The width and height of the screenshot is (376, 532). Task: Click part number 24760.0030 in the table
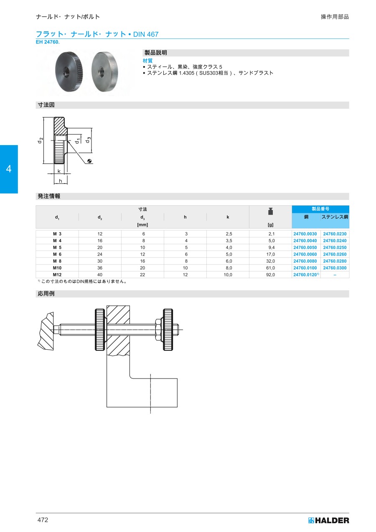[x=305, y=234]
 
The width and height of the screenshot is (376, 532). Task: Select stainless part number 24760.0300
[x=335, y=268]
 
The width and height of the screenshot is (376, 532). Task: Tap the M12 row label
[x=57, y=274]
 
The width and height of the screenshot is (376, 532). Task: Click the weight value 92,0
[x=270, y=274]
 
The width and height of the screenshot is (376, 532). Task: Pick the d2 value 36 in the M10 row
[x=99, y=268]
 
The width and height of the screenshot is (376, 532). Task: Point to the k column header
[x=228, y=217]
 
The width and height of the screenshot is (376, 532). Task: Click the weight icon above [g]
[x=270, y=211]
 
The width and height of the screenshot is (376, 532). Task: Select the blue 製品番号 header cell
[x=320, y=209]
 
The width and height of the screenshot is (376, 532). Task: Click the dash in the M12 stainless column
[x=335, y=275]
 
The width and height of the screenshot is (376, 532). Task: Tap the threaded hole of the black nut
[x=65, y=71]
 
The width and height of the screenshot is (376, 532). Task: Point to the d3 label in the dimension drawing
[x=88, y=140]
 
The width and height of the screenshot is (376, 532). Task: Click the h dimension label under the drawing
[x=60, y=181]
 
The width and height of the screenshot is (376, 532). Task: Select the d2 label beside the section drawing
[x=40, y=141]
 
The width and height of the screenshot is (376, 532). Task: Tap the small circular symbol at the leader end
[x=89, y=161]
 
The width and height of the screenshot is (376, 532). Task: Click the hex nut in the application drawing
[x=158, y=330]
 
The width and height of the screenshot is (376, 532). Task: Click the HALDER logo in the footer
[x=328, y=520]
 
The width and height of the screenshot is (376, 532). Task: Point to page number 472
[x=43, y=520]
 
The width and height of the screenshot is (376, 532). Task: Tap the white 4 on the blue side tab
[x=9, y=169]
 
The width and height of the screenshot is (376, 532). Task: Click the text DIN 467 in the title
[x=146, y=34]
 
